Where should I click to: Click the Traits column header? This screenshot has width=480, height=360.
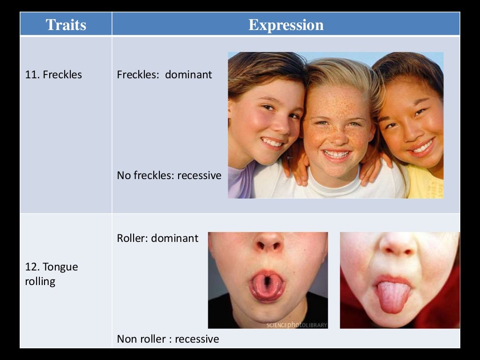[x=66, y=25]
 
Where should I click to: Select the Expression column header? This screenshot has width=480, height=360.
[x=286, y=25]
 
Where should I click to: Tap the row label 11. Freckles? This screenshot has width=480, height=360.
[x=53, y=75]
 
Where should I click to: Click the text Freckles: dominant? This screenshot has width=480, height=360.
[x=164, y=75]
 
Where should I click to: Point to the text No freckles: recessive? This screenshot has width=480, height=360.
[x=169, y=176]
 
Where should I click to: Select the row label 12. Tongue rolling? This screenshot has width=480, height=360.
[x=51, y=274]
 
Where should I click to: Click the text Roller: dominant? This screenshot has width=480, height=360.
[x=157, y=238]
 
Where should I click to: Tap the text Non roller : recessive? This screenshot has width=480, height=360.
[x=168, y=339]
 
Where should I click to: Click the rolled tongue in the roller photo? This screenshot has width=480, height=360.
[x=266, y=285]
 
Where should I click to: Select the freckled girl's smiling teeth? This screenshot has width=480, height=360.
[x=337, y=154]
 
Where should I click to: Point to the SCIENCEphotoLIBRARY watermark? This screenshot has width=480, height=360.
[x=297, y=325]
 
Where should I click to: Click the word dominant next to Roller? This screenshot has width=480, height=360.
[x=175, y=238]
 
